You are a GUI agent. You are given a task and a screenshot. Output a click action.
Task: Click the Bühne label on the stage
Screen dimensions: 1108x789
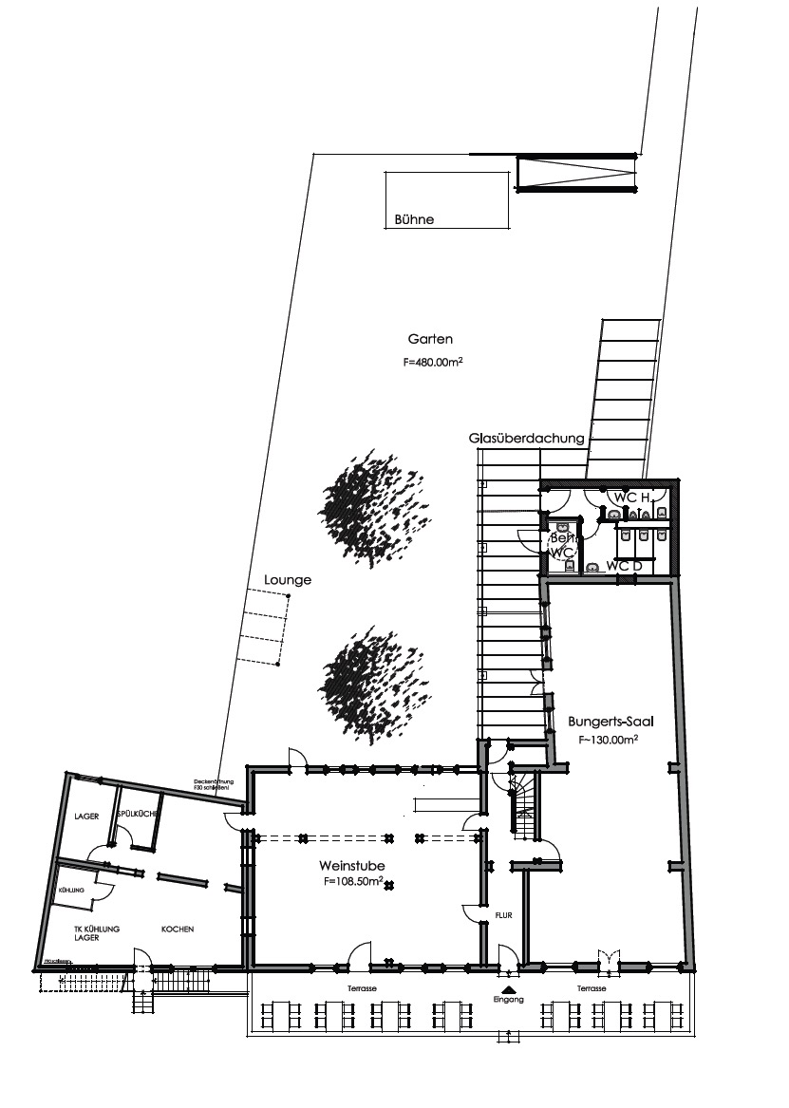tap(414, 219)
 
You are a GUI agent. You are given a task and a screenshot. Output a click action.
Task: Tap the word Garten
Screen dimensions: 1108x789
tap(430, 339)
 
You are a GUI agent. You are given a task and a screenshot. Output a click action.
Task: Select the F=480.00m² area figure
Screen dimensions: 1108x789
tap(432, 362)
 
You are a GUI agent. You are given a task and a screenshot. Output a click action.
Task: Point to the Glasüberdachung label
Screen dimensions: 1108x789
tap(526, 439)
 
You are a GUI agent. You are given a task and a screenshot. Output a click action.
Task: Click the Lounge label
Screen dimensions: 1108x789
tap(289, 579)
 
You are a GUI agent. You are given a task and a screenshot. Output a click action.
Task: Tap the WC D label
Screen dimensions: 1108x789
tap(624, 567)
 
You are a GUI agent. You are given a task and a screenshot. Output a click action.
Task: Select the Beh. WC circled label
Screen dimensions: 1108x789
tap(561, 545)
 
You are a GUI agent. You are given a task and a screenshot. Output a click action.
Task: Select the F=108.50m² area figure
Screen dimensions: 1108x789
tap(353, 882)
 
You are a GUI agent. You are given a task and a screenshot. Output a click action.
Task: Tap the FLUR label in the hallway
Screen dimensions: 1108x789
tap(503, 917)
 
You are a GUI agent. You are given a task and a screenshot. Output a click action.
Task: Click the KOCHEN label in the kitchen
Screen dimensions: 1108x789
tap(178, 929)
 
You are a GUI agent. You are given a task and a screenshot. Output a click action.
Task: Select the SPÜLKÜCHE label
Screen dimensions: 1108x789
tap(137, 816)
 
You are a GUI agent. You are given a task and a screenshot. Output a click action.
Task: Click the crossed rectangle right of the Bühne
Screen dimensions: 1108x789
tap(574, 174)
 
